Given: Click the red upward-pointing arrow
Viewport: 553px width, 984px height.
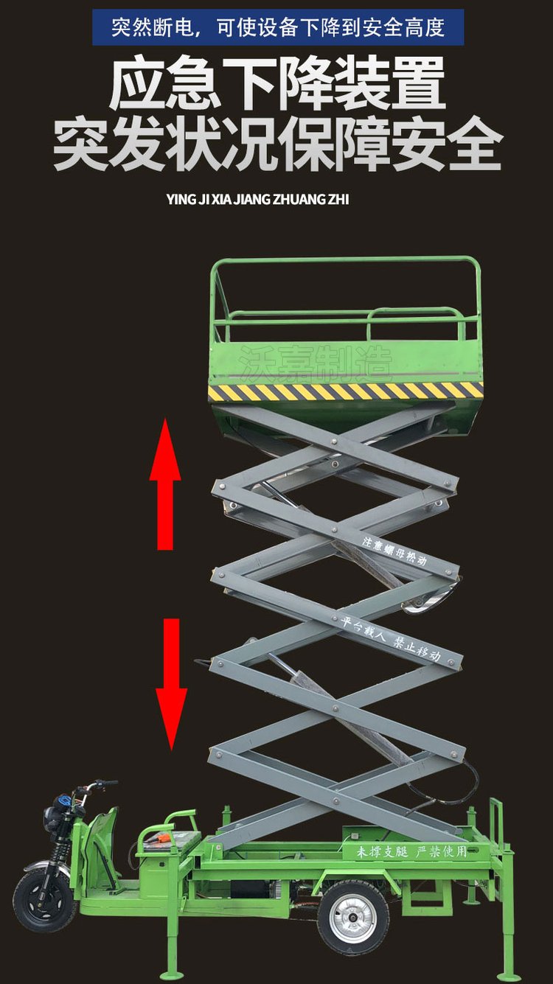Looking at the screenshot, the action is click(x=165, y=484).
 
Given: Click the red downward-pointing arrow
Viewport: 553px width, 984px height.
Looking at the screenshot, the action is click(x=172, y=685).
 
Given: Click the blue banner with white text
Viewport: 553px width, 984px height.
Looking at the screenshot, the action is click(x=278, y=27).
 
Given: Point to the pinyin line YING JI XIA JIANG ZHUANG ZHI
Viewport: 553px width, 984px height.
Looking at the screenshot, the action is click(x=257, y=200).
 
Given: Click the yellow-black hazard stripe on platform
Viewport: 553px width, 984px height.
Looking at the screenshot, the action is click(x=346, y=391).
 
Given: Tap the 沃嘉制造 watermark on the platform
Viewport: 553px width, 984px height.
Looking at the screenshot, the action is click(x=315, y=363).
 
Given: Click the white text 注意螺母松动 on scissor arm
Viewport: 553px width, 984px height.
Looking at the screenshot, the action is click(x=394, y=551).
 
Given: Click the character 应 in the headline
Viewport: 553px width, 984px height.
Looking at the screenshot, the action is click(x=137, y=83).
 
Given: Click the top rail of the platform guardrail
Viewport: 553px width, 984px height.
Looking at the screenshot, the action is click(x=344, y=260).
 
